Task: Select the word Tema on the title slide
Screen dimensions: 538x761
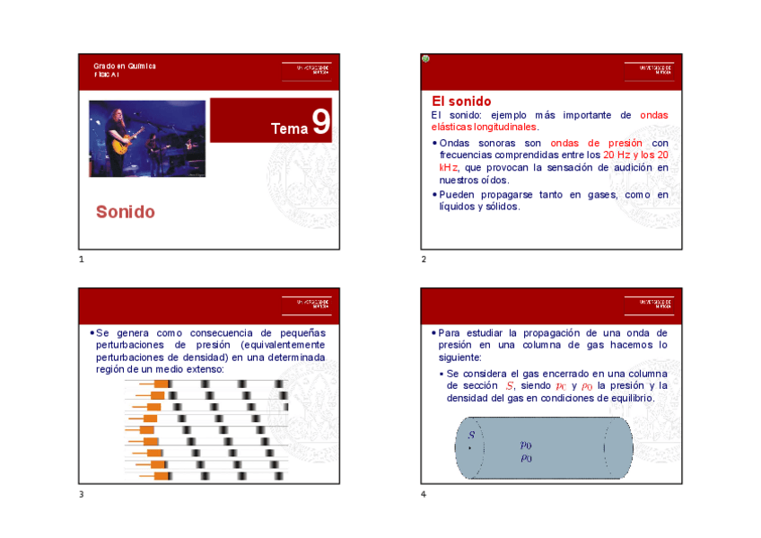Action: [289, 129]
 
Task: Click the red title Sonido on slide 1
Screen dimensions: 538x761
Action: [126, 212]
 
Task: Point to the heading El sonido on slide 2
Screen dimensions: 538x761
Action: [461, 101]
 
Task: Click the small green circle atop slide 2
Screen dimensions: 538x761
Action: [425, 59]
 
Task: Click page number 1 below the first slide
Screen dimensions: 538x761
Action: [81, 260]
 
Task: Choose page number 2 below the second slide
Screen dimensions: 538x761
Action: [424, 260]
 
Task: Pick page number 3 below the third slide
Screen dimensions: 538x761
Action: [81, 494]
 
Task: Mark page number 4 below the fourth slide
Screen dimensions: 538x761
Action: [424, 494]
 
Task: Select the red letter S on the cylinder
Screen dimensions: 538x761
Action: [471, 435]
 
